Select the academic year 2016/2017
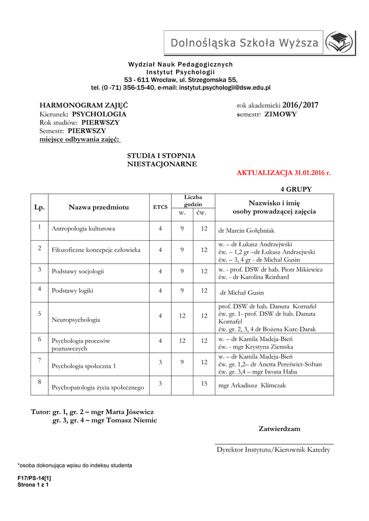300,105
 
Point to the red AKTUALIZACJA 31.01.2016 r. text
283,173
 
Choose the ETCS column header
160,208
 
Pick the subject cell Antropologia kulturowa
83,229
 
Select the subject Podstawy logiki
72,291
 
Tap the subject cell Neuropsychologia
75,320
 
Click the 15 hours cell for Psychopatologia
204,384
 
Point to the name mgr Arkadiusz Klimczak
252,386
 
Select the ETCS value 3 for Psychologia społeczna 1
160,362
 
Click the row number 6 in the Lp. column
39,338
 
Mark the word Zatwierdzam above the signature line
279,428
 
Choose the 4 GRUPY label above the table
296,189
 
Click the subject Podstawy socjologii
78,271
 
